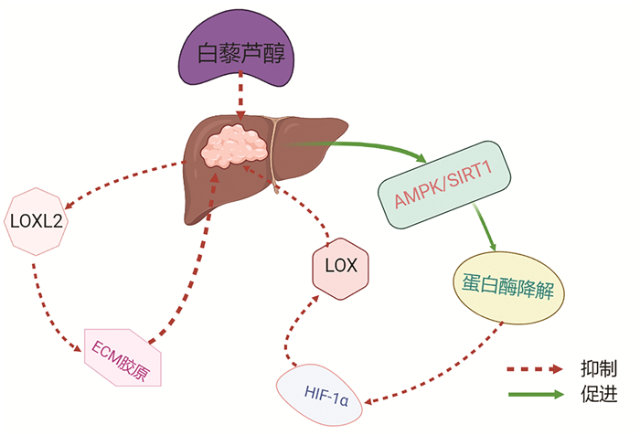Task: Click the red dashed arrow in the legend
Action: [536, 370]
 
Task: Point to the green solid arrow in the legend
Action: [536, 395]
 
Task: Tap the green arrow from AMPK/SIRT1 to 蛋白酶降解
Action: [485, 228]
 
